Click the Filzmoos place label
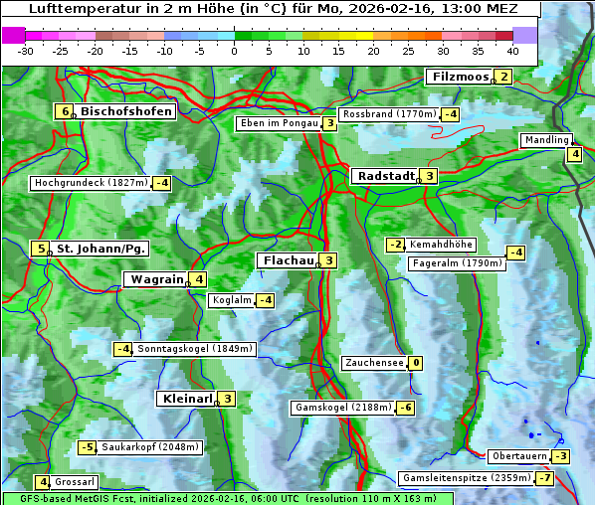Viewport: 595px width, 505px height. tap(461, 77)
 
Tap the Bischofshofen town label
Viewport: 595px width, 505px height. tap(126, 111)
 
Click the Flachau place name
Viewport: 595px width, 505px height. tap(288, 260)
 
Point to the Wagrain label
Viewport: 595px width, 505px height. tap(156, 279)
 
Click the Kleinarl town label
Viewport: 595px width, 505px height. tap(187, 399)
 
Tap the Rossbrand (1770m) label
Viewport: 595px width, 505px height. tap(389, 114)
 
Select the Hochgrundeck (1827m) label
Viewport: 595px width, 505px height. tap(91, 183)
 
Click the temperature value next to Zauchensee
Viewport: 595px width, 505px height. tap(415, 363)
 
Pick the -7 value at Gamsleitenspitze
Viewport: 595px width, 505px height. tap(544, 478)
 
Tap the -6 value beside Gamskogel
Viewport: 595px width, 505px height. tap(406, 408)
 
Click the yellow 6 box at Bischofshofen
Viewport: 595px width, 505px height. tap(65, 111)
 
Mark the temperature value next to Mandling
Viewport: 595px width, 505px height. tap(574, 154)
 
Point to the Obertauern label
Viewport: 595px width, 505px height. tap(519, 456)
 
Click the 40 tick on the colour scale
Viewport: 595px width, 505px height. tap(512, 51)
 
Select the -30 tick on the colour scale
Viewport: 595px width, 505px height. tap(26, 51)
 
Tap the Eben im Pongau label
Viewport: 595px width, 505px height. tap(279, 123)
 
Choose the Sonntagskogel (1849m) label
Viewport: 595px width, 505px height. tap(196, 349)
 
